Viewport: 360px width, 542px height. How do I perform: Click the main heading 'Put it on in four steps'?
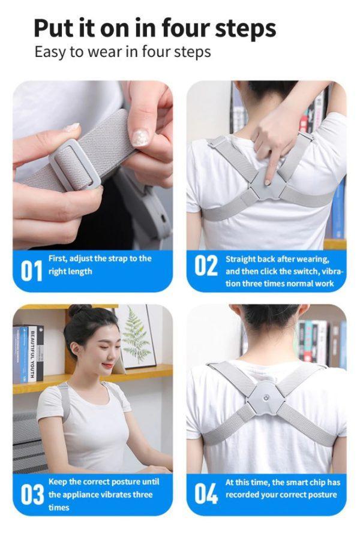tap(154, 28)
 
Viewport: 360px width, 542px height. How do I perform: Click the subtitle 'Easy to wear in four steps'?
tap(122, 52)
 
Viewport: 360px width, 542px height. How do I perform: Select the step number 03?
tap(32, 495)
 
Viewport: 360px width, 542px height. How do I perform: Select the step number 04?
tap(205, 493)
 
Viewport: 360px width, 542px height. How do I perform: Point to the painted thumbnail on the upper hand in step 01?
tap(140, 137)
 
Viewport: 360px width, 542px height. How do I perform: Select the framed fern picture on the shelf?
tap(135, 336)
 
